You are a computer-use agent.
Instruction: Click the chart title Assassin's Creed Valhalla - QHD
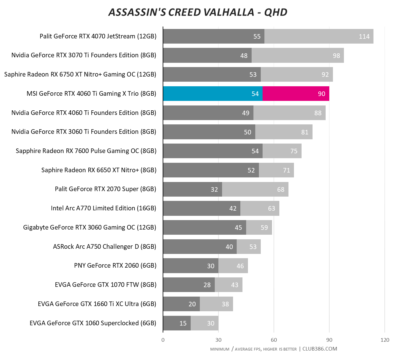(198, 12)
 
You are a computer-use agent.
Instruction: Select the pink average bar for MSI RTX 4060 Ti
(295, 94)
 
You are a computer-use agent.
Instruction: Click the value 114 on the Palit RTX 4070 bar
(364, 37)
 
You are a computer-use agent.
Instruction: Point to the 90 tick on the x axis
(329, 340)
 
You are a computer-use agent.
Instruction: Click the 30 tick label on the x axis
(218, 340)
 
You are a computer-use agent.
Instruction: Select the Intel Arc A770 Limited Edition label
(104, 208)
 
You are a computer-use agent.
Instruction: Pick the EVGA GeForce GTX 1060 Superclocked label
(93, 323)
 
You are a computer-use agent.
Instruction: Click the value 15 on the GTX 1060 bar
(183, 323)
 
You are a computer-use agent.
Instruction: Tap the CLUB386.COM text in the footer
(320, 349)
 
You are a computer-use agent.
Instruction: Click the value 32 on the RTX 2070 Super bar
(214, 190)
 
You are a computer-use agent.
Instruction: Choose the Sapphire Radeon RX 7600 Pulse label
(86, 151)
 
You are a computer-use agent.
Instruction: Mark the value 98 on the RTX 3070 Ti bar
(336, 56)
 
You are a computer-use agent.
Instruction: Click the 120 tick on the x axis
(385, 340)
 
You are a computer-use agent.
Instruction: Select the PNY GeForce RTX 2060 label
(115, 266)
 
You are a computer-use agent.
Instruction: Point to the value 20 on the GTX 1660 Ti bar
(192, 304)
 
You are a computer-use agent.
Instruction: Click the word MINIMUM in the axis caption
(220, 349)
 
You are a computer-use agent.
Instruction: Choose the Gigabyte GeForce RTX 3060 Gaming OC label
(90, 227)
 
